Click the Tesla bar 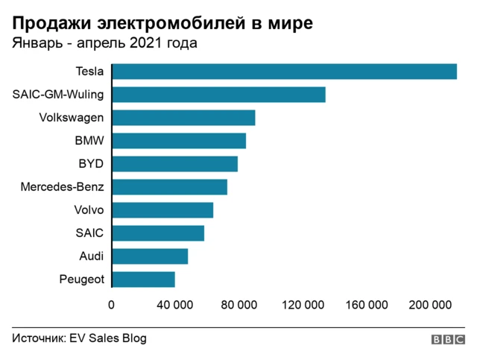point(284,72)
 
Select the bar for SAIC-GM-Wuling point(218,95)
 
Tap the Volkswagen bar point(183,118)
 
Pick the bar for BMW point(179,141)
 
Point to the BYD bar point(174,164)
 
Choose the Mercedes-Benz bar point(169,187)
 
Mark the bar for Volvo point(162,210)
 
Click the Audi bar point(150,256)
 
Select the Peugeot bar point(143,280)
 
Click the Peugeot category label point(81,280)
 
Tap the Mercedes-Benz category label point(63,187)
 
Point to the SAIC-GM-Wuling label point(58,95)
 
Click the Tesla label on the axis point(89,72)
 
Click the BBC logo point(447,340)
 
